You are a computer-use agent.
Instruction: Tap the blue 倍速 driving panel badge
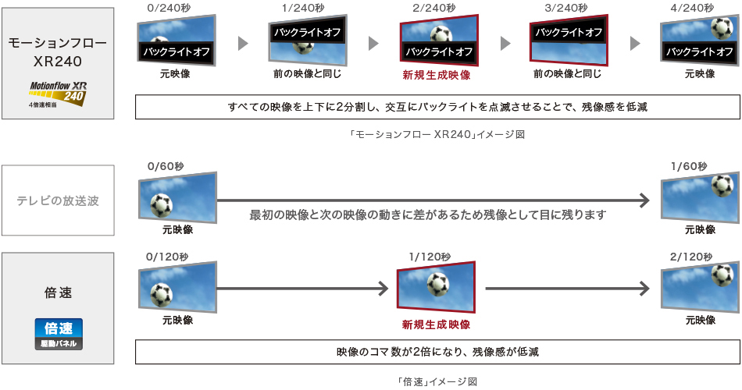coord(58,334)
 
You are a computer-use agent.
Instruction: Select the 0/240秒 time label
coord(168,8)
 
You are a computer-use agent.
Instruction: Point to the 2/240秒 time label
coord(431,8)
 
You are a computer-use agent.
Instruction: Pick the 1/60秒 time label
coord(688,166)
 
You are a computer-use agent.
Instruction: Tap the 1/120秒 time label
coord(429,257)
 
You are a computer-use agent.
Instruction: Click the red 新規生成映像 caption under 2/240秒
coord(437,75)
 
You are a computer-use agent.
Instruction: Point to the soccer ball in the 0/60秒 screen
coord(161,204)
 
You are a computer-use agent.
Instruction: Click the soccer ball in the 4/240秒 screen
coord(719,27)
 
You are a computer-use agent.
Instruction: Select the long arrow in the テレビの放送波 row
coord(433,200)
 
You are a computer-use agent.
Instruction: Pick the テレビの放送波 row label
coord(58,200)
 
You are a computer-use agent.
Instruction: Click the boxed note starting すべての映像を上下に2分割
coord(437,107)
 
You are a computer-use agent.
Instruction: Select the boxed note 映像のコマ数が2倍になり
coord(437,352)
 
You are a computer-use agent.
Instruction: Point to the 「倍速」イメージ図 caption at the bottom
coord(436,381)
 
